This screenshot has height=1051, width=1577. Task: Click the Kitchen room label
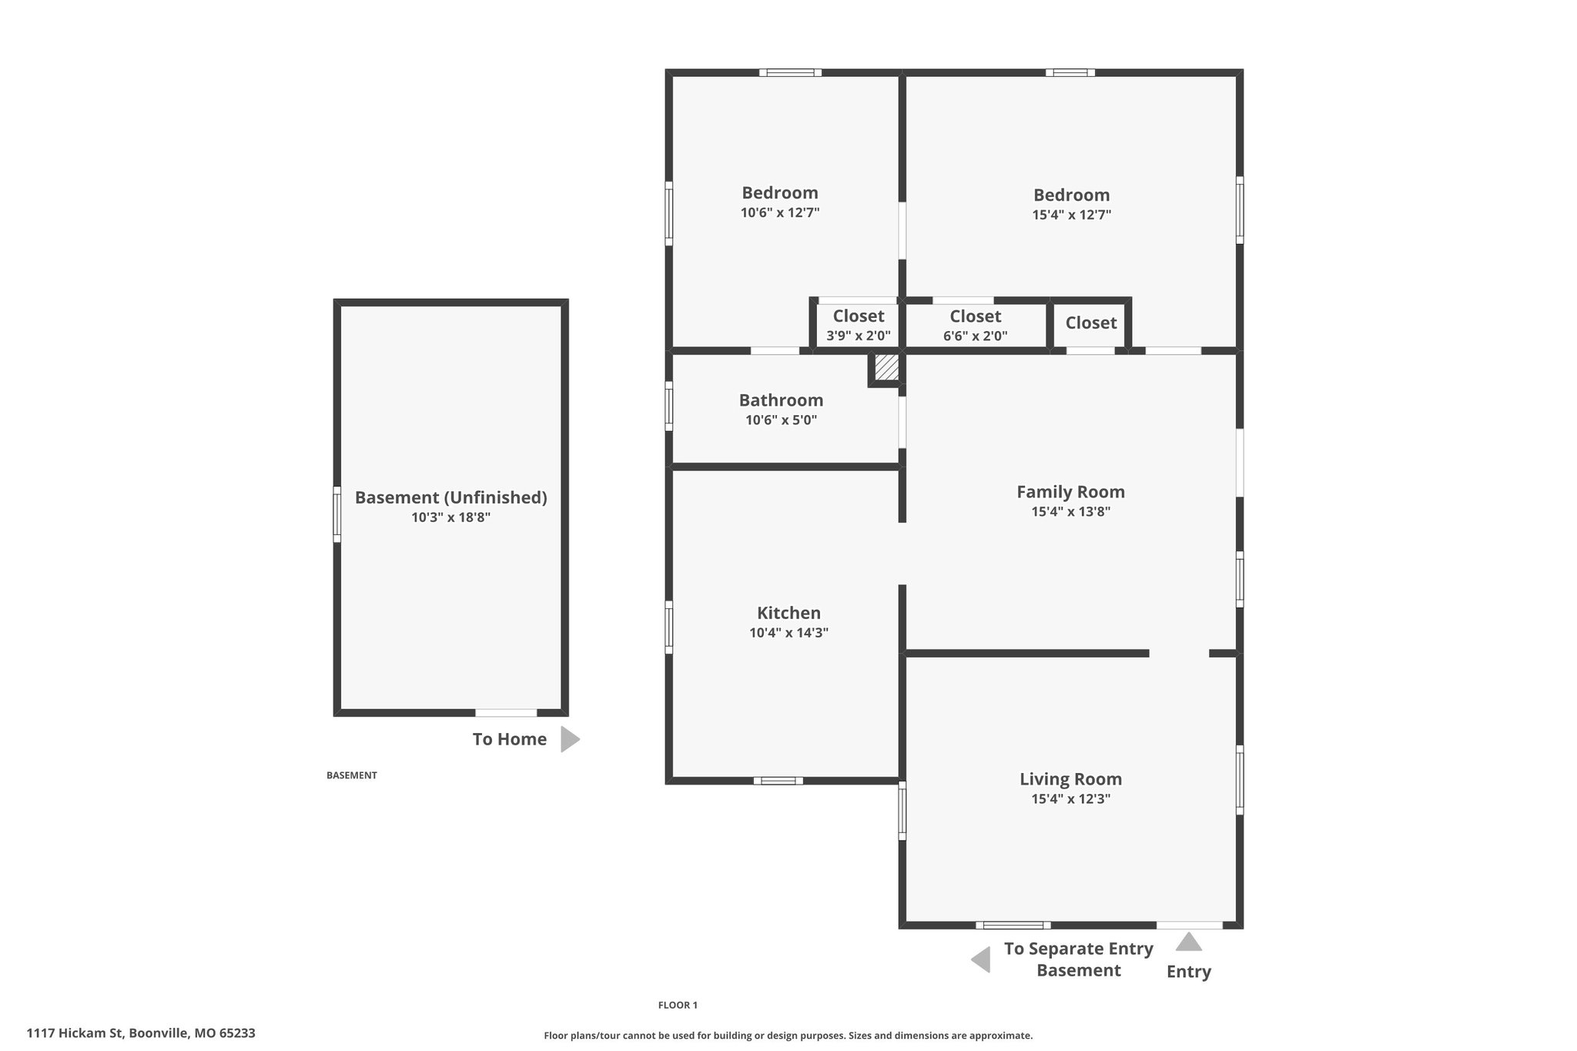(x=788, y=613)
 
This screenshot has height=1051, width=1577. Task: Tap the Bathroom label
(x=781, y=400)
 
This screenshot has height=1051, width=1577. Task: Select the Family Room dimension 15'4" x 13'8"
(x=1070, y=511)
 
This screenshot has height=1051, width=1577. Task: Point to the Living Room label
(x=1070, y=779)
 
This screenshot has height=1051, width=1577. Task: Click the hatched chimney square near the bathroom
(x=887, y=367)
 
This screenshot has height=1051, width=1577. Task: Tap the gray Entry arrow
(x=1188, y=942)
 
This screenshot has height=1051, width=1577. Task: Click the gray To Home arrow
(x=570, y=739)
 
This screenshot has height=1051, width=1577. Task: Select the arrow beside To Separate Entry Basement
(x=980, y=960)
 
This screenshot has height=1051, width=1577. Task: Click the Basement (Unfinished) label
(x=450, y=498)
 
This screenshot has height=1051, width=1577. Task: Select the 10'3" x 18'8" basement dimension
(x=450, y=517)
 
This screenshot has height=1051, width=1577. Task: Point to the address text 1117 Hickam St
(x=75, y=1033)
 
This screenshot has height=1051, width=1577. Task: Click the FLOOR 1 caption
(x=678, y=1005)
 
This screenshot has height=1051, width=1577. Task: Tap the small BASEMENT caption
(x=352, y=775)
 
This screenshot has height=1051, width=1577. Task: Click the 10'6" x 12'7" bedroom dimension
(x=780, y=213)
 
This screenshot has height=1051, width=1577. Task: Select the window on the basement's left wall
(x=336, y=514)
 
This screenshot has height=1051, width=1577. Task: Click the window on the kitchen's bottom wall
(x=778, y=781)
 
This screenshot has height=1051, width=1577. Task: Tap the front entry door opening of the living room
(x=1189, y=925)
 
